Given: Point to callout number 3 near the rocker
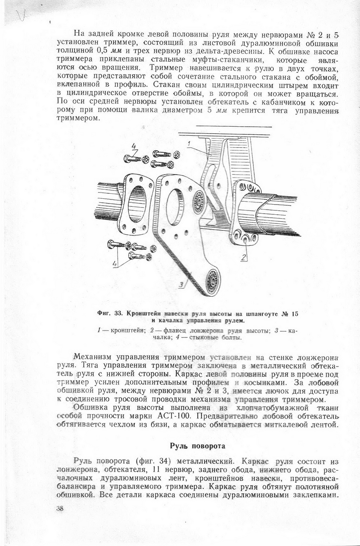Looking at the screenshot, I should coord(181,285).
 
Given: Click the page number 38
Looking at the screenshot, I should coord(60,509).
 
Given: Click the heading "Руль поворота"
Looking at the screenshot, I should coord(198,446).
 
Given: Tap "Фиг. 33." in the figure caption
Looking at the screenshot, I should coord(109,313).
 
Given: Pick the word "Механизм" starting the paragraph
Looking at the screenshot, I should coord(91,356).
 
